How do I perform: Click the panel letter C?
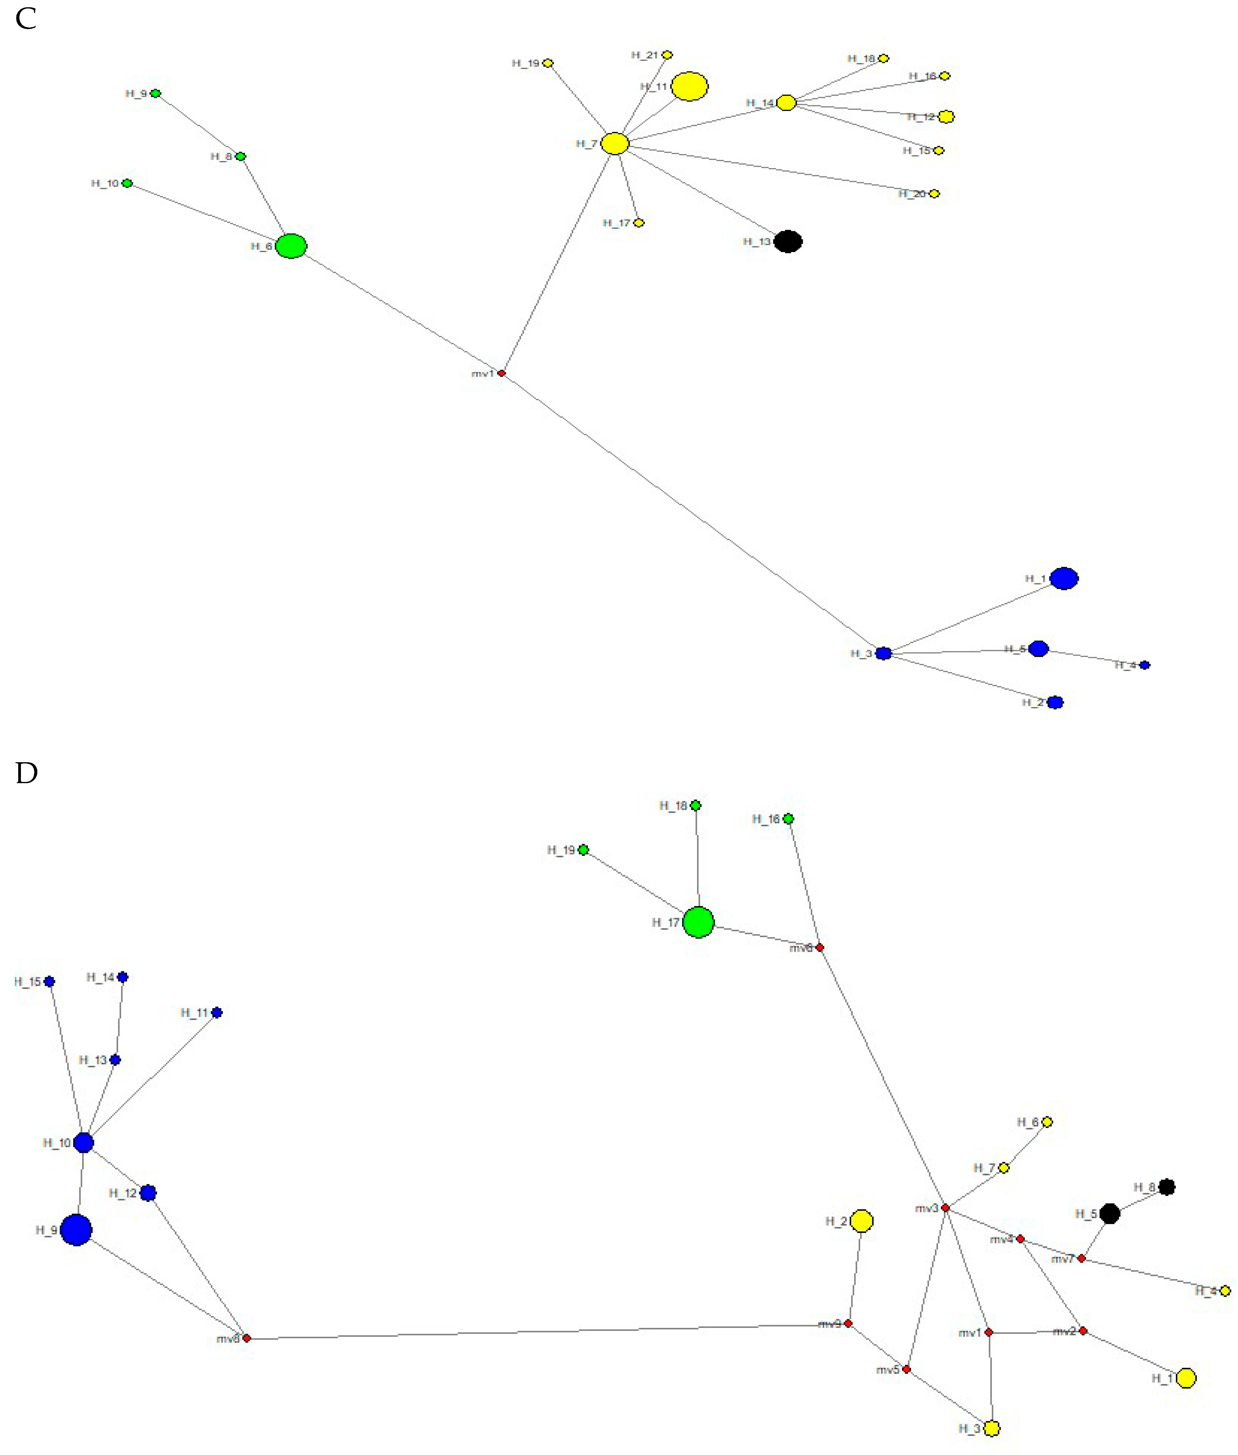[x=26, y=19]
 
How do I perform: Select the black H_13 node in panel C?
[x=788, y=241]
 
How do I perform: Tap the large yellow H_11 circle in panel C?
[x=689, y=86]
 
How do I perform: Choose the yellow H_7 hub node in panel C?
[x=615, y=143]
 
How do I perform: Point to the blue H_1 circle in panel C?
[x=1064, y=578]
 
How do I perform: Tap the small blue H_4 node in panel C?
[x=1145, y=665]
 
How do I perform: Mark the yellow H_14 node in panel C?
[x=786, y=103]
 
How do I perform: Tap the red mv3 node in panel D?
[x=945, y=1208]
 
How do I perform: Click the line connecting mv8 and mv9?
[x=547, y=1332]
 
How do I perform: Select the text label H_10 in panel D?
[x=57, y=1143]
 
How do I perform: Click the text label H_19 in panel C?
[x=526, y=63]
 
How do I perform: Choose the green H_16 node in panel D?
[x=788, y=818]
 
